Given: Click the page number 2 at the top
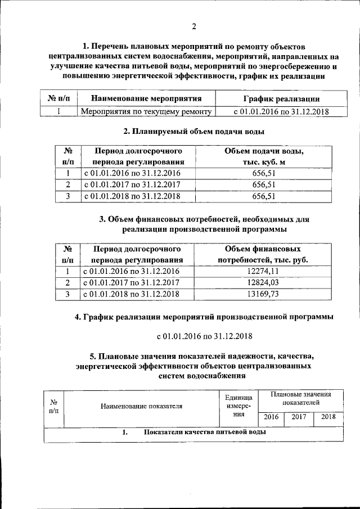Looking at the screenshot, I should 193,26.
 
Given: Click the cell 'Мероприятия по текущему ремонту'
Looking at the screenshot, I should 146,111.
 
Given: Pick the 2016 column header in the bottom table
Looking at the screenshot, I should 271,417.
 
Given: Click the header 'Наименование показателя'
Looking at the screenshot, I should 142,406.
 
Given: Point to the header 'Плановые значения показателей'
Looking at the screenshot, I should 300,399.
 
